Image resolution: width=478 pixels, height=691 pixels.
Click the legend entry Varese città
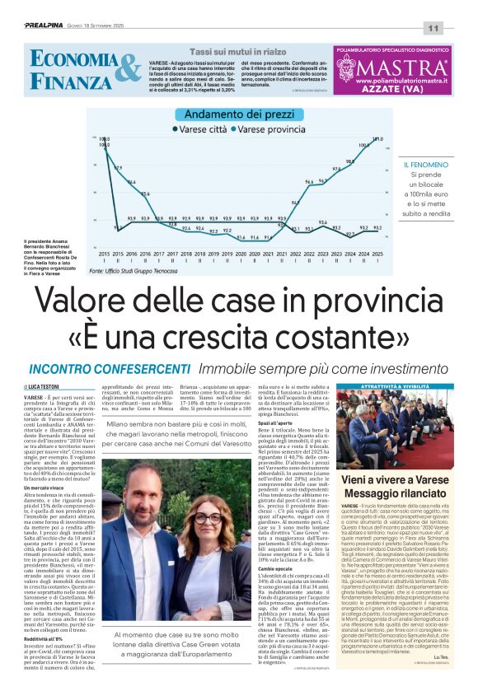[204, 129]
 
